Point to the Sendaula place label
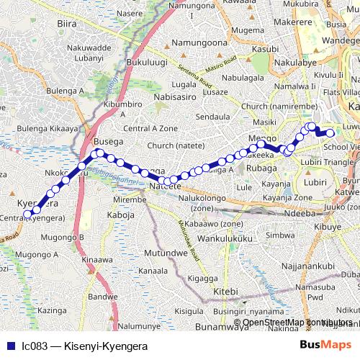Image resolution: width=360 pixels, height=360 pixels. [213, 116]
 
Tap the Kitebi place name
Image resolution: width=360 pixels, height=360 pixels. [226, 291]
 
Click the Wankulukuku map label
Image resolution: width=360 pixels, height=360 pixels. [223, 238]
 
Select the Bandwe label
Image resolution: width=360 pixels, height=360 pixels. [103, 296]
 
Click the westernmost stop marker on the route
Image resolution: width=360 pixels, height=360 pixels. [28, 214]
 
